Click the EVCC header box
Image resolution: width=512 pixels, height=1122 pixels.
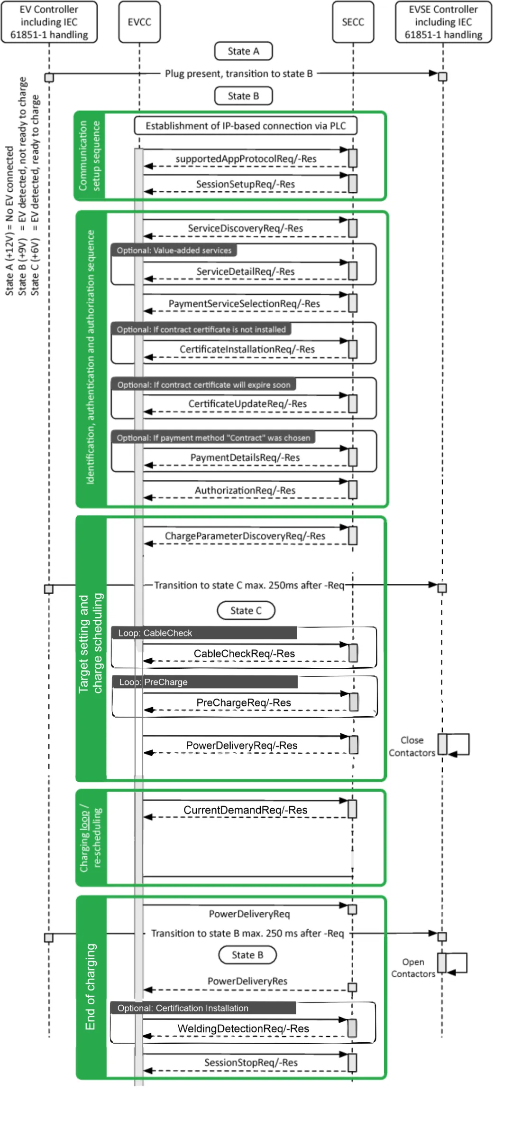[x=139, y=22]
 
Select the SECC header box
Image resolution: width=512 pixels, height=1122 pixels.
[x=353, y=22]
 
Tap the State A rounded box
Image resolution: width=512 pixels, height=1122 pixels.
[x=243, y=51]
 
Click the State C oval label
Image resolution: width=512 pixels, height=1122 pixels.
[x=246, y=610]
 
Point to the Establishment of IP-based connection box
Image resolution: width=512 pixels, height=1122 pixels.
[x=245, y=126]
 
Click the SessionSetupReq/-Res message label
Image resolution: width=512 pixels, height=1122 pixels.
[x=245, y=184]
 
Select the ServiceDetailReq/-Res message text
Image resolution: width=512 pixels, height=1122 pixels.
[x=245, y=271]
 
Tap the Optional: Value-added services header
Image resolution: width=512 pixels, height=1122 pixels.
[x=174, y=250]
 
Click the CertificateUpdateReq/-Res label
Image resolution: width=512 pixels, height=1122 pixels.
[x=247, y=403]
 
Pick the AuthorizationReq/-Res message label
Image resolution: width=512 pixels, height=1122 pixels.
[x=245, y=490]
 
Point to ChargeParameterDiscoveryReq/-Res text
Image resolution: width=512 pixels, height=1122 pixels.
[x=245, y=536]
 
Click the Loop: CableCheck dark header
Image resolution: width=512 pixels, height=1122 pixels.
[x=204, y=633]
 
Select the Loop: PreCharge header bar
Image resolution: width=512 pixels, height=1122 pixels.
[x=205, y=682]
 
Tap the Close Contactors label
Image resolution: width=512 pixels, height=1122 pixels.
[x=411, y=747]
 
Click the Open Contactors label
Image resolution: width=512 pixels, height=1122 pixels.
[x=412, y=968]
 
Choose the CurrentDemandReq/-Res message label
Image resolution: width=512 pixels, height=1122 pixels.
[x=245, y=810]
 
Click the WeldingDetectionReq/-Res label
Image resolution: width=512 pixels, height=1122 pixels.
[x=243, y=1028]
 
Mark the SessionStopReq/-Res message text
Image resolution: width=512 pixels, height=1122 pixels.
[x=250, y=1062]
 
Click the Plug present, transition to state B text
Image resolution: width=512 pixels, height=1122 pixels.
[x=238, y=74]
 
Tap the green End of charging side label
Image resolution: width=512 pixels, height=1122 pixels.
[x=91, y=987]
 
